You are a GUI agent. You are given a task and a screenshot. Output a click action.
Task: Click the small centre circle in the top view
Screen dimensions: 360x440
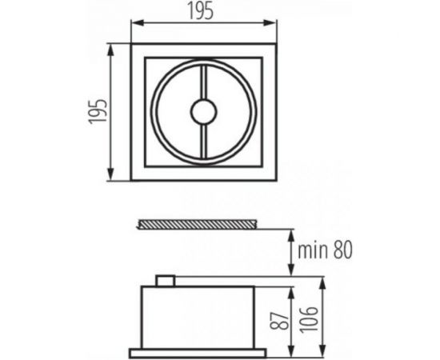pyautogui.click(x=202, y=113)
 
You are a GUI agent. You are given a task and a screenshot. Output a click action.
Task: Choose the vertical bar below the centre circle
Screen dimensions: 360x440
pyautogui.click(x=202, y=142)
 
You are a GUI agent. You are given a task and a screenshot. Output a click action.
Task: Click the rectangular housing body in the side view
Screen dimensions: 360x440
pyautogui.click(x=200, y=317)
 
